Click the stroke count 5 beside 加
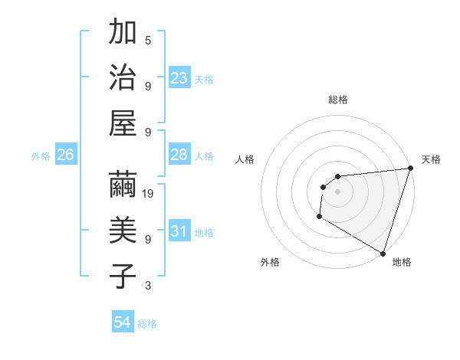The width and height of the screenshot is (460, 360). (x=148, y=40)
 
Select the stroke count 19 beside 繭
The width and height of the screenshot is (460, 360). (x=148, y=194)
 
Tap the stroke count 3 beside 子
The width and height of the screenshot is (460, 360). (x=148, y=286)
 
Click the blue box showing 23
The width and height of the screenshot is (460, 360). (x=179, y=78)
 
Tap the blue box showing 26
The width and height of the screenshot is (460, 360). (x=65, y=155)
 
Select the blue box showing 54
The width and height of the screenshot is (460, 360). (x=123, y=322)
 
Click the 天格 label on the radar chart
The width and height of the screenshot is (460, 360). (x=431, y=159)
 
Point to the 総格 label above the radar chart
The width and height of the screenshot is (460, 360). (x=338, y=100)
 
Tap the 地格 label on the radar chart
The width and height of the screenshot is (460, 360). (x=402, y=262)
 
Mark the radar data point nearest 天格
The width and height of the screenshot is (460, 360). (x=410, y=169)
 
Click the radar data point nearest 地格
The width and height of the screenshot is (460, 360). (x=383, y=253)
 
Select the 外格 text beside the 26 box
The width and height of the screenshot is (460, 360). (x=41, y=156)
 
